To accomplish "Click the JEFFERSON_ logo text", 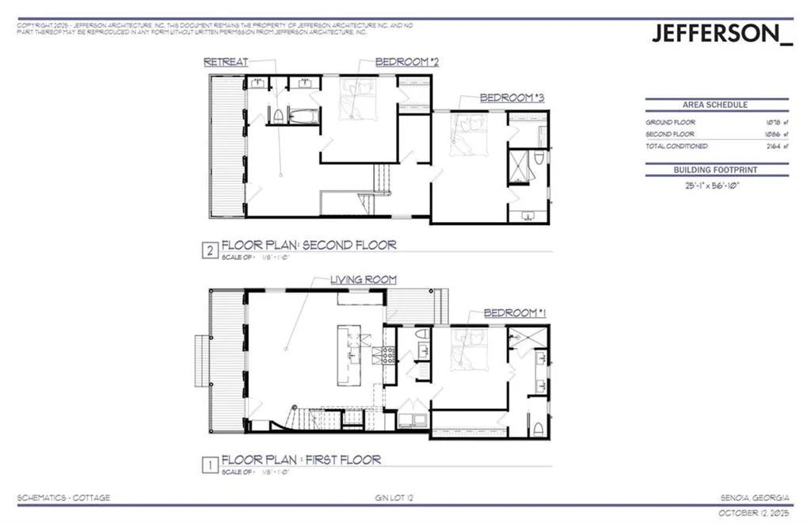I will [721, 34].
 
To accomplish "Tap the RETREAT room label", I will [226, 62].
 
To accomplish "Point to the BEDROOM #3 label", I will [512, 98].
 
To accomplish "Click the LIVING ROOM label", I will [365, 280].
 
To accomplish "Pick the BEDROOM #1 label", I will [515, 313].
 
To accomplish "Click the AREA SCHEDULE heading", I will [715, 105].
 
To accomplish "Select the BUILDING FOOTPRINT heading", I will [716, 169].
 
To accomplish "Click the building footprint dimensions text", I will [715, 186].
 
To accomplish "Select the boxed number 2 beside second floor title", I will [209, 251].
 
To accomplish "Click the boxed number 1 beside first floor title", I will [209, 466].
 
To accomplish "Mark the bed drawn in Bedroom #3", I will [466, 132].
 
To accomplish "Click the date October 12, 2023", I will [753, 512].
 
